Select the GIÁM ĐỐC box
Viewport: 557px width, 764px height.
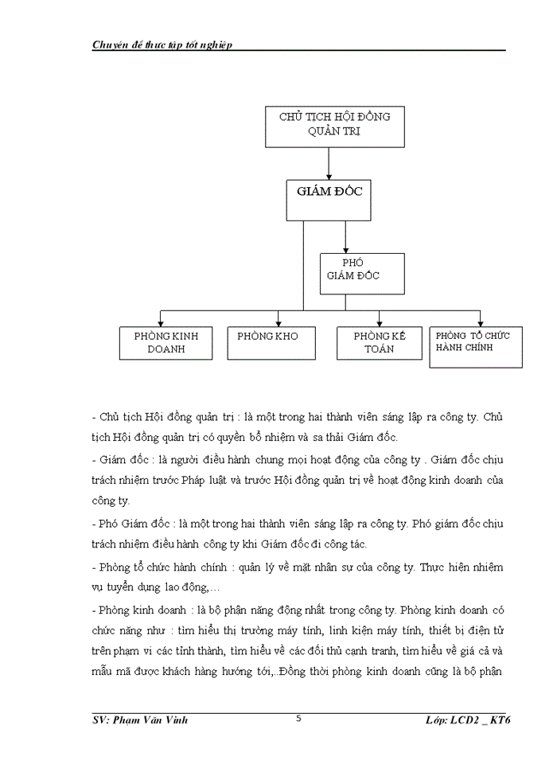[329, 199]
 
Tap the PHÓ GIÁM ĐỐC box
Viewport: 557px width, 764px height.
[362, 273]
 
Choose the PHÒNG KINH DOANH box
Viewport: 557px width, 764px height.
[166, 343]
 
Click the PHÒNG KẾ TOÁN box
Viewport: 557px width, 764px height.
[379, 343]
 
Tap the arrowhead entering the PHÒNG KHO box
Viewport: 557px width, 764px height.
[278, 322]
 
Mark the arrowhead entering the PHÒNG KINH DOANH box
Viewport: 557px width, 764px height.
[161, 322]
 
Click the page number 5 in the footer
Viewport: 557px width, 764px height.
[298, 719]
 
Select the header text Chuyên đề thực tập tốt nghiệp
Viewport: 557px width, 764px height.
[162, 45]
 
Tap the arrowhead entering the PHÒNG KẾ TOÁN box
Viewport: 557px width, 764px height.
[380, 322]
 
